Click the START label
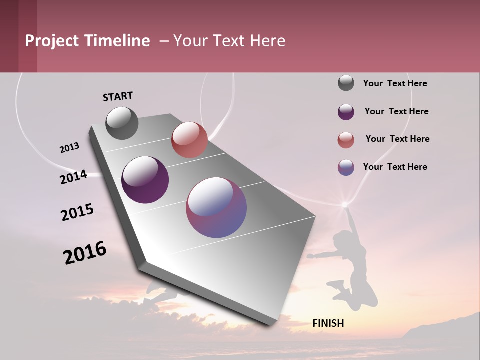[x=118, y=96]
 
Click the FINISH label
[x=328, y=323]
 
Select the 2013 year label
[x=69, y=148]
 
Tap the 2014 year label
[x=73, y=177]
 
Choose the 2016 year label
[x=85, y=253]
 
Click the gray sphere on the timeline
[x=122, y=123]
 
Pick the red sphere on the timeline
[x=189, y=140]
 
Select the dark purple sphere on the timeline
[x=145, y=180]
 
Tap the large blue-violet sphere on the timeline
[x=216, y=207]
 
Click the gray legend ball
[x=346, y=83]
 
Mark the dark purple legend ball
[x=346, y=112]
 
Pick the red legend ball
[x=346, y=140]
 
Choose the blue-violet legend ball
[x=346, y=167]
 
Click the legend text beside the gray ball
[x=395, y=83]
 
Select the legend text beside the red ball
[x=397, y=139]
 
